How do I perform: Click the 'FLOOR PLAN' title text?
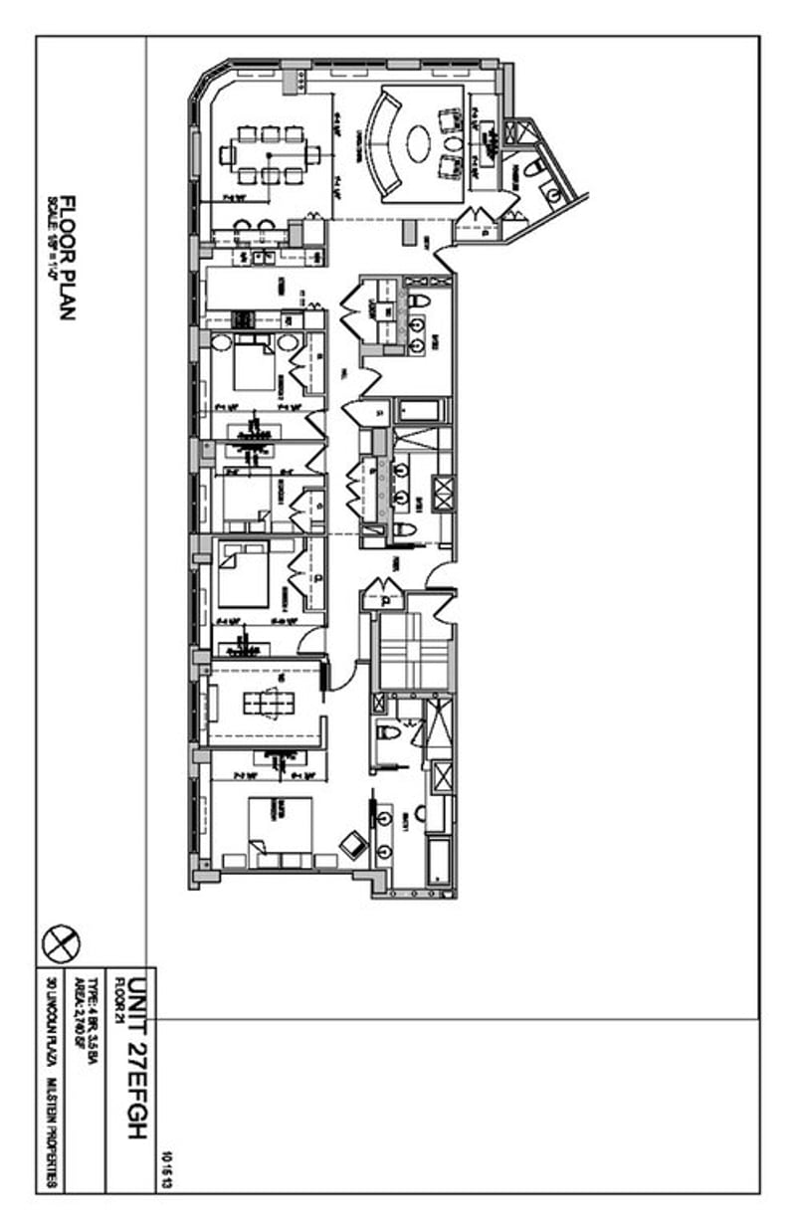pyautogui.click(x=69, y=258)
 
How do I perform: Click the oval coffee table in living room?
pyautogui.click(x=421, y=139)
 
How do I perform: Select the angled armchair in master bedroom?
pyautogui.click(x=352, y=844)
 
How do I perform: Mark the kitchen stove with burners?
pyautogui.click(x=243, y=319)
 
